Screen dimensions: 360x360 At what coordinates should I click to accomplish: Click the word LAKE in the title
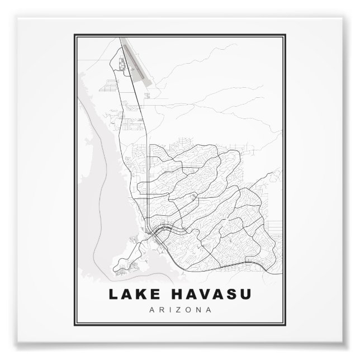point(130,293)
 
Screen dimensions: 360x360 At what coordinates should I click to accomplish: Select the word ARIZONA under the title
point(180,309)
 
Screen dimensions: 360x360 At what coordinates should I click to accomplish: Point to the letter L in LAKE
point(113,293)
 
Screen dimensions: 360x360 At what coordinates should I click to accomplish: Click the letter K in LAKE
point(136,293)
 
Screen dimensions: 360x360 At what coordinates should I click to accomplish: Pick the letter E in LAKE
point(148,293)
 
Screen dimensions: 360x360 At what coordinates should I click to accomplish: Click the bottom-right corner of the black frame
point(286,325)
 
